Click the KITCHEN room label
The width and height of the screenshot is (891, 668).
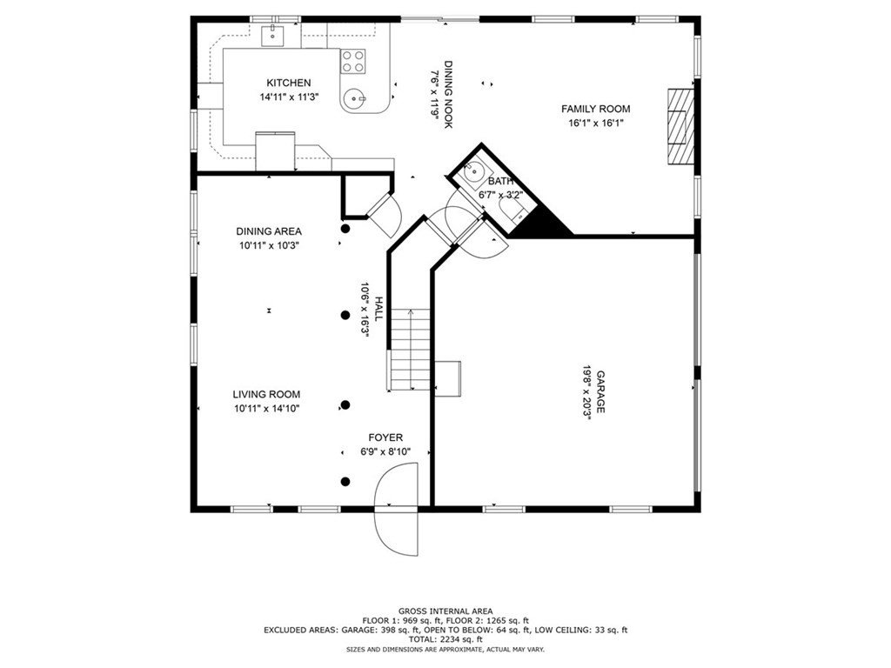pos(289,83)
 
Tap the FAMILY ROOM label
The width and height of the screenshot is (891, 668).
pos(595,109)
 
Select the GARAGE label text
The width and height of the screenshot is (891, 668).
pos(600,392)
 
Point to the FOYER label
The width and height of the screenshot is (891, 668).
pos(385,438)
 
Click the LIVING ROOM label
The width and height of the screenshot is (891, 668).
pos(266,394)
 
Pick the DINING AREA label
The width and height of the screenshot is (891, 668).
pos(269,231)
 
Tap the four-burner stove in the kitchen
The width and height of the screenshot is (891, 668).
pos(352,62)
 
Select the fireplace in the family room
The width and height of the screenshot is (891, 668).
pos(680,126)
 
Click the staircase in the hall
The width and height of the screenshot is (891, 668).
pos(409,350)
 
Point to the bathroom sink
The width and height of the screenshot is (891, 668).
pos(473,170)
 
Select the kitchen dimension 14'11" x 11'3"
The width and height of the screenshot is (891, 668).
pos(289,97)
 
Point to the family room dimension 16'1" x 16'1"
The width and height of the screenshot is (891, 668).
pos(595,123)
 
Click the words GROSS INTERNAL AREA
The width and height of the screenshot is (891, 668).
pos(445,611)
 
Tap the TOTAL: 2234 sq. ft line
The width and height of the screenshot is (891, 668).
pos(445,639)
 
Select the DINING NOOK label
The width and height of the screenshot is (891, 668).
pos(448,95)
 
